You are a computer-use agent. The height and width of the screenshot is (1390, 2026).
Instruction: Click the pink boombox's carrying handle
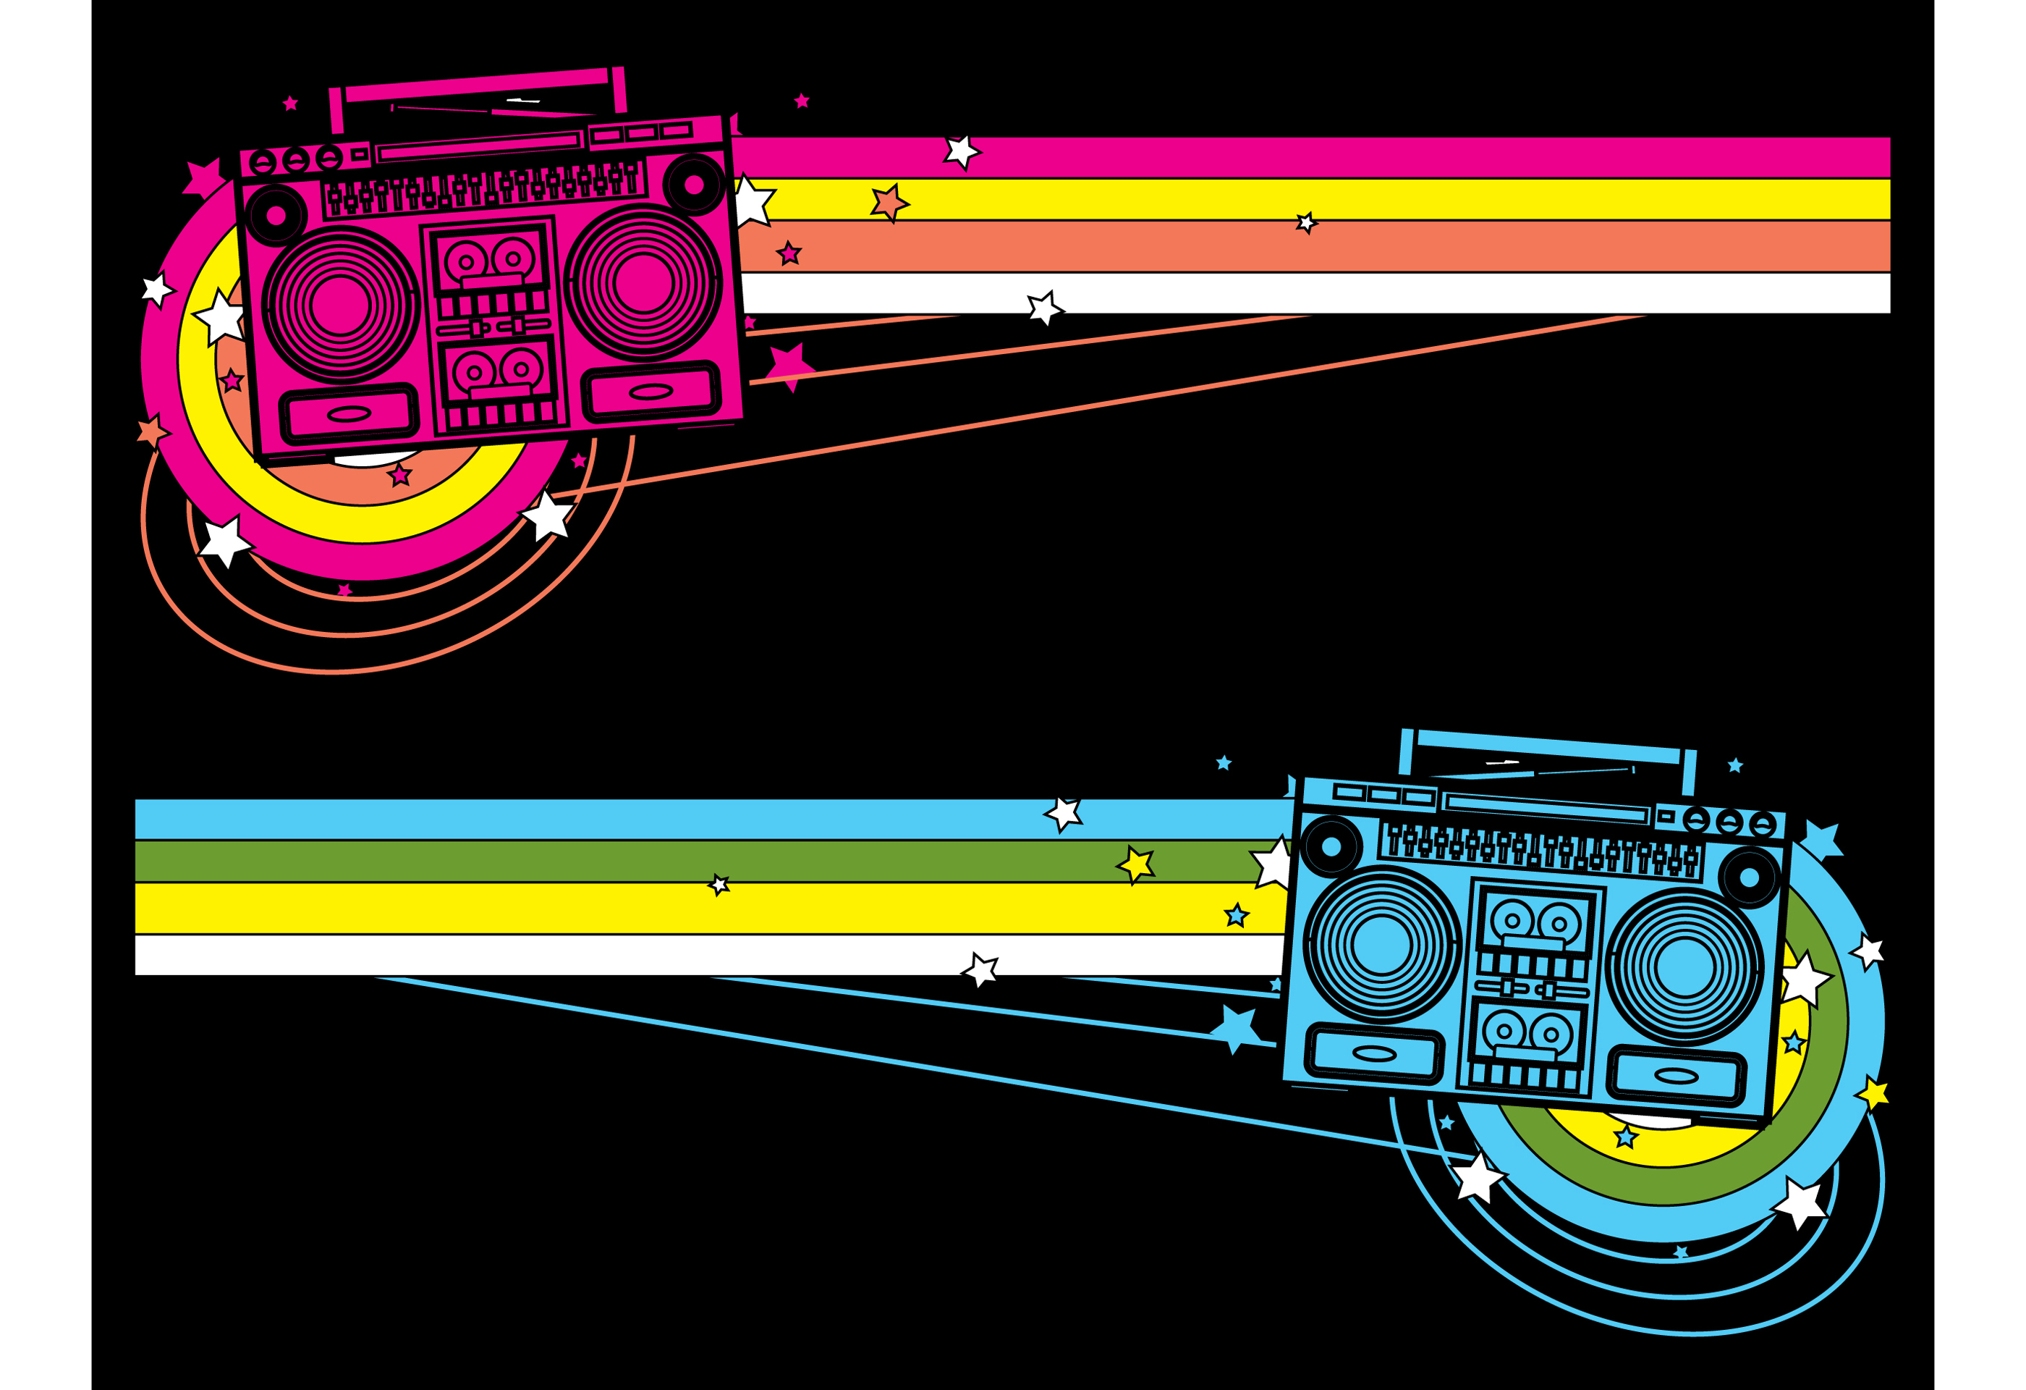click(x=477, y=85)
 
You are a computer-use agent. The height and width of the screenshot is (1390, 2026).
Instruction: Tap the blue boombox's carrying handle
click(x=1548, y=747)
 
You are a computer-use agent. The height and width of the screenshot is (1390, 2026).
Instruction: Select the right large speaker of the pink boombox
click(x=643, y=282)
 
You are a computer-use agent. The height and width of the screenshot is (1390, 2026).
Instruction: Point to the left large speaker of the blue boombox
click(x=1382, y=943)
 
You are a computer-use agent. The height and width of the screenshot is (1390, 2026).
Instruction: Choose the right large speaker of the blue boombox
click(x=1684, y=967)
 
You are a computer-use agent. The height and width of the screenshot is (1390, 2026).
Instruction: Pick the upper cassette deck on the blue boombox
click(x=1536, y=924)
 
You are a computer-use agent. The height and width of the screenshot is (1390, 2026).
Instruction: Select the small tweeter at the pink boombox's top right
click(x=694, y=185)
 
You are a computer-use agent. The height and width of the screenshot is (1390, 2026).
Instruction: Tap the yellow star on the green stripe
click(x=1136, y=864)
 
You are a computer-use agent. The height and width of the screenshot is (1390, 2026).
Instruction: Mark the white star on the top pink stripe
click(x=962, y=152)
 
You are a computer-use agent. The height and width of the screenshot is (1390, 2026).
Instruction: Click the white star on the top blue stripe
click(x=1064, y=813)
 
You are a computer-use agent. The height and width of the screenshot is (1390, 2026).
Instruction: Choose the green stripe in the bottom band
click(x=610, y=861)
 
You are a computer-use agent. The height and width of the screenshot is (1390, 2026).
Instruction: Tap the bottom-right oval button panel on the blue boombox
click(x=1676, y=1076)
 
